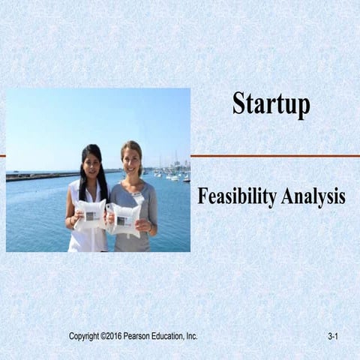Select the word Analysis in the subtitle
313,196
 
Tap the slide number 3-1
334,337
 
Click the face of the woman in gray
132,160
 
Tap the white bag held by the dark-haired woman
88,214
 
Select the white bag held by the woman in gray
124,218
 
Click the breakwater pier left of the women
37,176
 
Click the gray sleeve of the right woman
150,206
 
